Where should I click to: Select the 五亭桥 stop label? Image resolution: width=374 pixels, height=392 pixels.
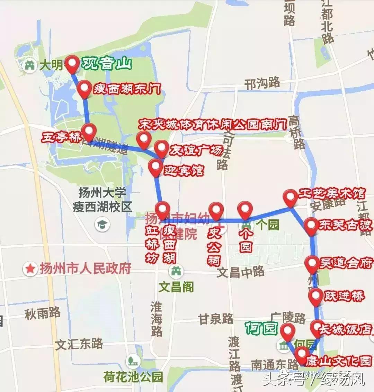click(61, 138)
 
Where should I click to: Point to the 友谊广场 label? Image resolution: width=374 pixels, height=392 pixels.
click(196, 151)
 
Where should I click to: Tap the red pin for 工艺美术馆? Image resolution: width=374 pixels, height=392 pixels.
click(290, 198)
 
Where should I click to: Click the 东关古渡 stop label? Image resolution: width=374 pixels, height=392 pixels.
click(345, 225)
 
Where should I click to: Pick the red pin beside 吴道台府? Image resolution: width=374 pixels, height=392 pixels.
click(312, 264)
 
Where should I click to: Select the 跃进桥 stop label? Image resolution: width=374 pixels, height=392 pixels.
click(344, 296)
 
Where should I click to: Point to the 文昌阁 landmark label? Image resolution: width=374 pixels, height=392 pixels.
click(176, 286)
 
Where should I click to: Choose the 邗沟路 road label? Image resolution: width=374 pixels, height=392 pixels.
click(262, 83)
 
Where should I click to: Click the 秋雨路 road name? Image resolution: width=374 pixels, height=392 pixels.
click(43, 313)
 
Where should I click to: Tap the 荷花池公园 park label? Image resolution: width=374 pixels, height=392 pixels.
click(133, 376)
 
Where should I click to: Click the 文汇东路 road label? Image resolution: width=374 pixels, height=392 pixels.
click(79, 344)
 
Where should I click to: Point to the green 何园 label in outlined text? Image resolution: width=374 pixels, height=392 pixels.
click(261, 328)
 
